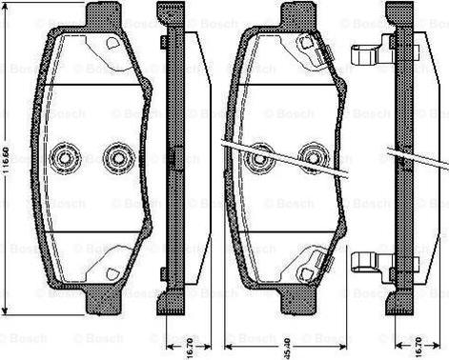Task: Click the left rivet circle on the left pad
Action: click(68, 156)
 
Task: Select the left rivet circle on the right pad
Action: click(258, 158)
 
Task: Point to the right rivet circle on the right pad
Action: click(311, 158)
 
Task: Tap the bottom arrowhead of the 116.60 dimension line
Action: click(7, 310)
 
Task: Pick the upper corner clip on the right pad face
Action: click(305, 45)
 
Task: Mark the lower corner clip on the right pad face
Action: click(305, 270)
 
